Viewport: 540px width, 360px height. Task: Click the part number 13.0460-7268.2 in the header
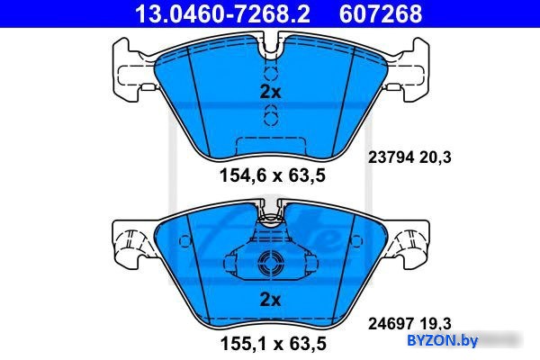point(222,13)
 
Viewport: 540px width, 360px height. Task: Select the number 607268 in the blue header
point(380,13)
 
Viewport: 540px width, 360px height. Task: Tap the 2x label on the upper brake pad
point(270,92)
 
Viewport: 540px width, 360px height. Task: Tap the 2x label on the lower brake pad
point(270,300)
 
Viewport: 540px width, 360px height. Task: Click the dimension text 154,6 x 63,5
point(273,175)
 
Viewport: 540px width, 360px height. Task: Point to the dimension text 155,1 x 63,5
point(273,344)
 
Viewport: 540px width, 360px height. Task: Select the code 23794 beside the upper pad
point(391,157)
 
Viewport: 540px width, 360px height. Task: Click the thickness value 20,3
point(436,157)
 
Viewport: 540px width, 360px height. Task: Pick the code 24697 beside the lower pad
point(391,324)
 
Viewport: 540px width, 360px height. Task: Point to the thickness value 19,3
point(436,324)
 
